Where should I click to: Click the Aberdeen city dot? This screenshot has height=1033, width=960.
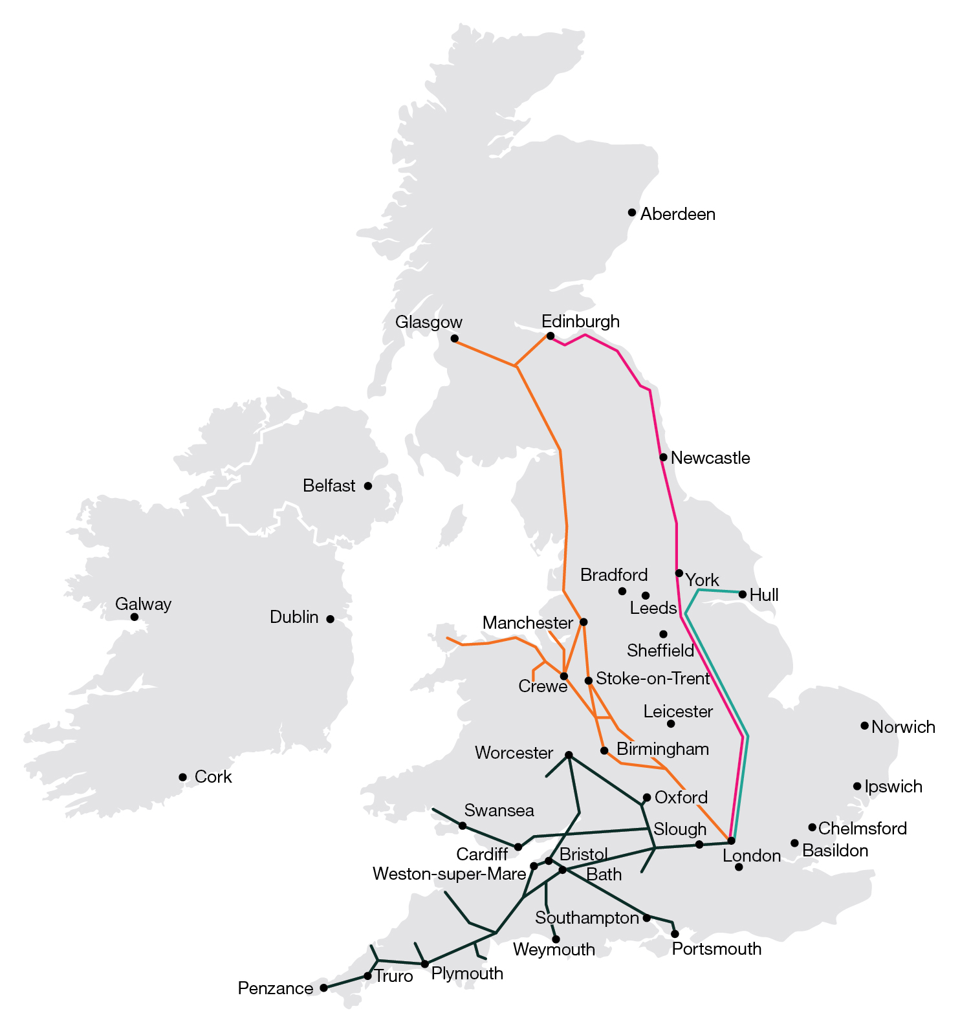tap(632, 212)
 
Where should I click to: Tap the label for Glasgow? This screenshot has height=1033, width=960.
tap(429, 322)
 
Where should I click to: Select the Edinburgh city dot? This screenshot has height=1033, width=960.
tap(551, 336)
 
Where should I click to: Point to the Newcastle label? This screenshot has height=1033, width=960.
tap(710, 458)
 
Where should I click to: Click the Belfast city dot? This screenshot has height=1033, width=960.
tap(368, 486)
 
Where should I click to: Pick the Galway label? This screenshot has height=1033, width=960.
tap(143, 604)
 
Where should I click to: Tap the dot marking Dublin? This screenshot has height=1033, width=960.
tap(330, 619)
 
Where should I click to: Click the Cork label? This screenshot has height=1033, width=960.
tap(213, 777)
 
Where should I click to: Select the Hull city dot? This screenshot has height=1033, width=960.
tap(743, 594)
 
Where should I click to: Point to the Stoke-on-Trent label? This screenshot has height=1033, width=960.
tap(653, 679)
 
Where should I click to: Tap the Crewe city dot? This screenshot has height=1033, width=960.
tap(564, 676)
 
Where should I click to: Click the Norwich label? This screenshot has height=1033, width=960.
tap(903, 727)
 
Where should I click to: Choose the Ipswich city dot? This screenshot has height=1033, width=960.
tap(857, 787)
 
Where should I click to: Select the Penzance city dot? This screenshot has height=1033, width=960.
tap(324, 988)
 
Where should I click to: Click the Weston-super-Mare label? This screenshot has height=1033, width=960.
tap(449, 875)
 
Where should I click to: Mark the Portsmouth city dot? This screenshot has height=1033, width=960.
tap(675, 934)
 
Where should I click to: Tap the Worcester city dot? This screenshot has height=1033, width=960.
tap(569, 755)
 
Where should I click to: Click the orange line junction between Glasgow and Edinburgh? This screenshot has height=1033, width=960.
tap(516, 366)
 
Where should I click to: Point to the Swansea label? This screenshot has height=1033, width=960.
tap(499, 810)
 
